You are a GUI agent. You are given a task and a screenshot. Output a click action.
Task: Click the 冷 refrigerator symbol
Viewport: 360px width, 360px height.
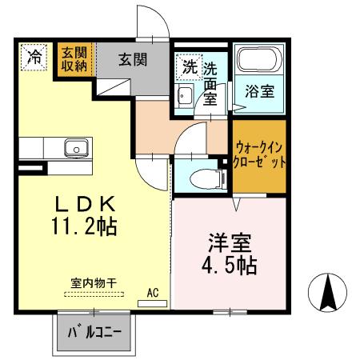click(34, 57)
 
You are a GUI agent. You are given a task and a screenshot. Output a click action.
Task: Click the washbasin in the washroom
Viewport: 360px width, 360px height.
click(184, 97)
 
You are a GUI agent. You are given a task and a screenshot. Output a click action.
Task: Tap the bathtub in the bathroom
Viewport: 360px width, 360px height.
click(260, 62)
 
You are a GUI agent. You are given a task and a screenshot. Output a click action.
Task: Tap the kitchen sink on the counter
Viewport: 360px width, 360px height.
click(76, 148)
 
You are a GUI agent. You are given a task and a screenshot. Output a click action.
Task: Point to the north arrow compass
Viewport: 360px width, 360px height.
click(328, 294)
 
